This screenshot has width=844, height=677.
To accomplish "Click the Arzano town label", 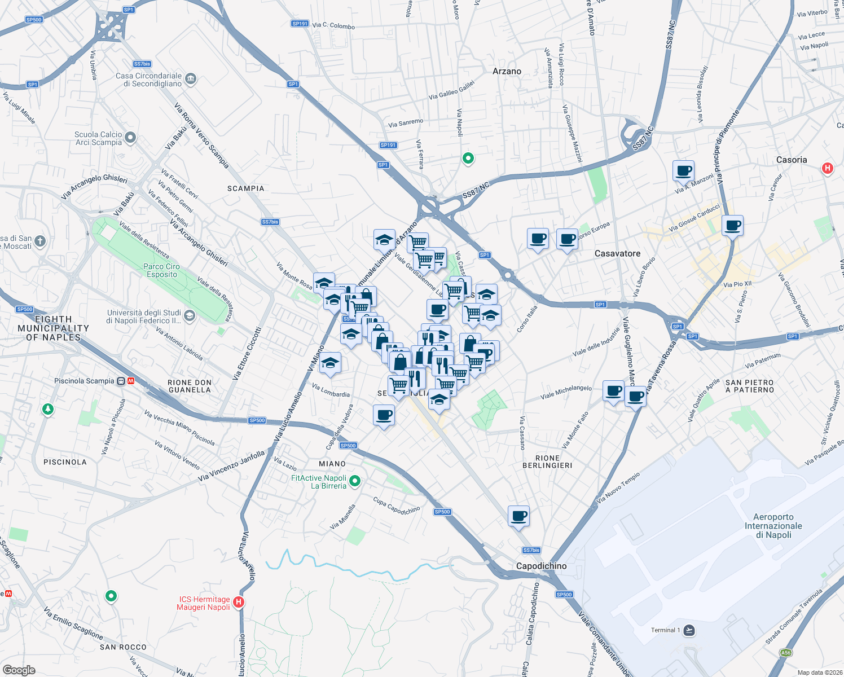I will (507, 71).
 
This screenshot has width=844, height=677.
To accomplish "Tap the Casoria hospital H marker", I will (827, 168).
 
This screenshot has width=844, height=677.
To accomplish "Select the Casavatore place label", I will (617, 253).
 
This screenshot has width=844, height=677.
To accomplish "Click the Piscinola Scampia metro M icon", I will (130, 381).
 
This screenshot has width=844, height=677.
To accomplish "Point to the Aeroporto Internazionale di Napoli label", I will (773, 526).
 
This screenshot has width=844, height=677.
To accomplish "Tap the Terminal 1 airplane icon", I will (689, 630).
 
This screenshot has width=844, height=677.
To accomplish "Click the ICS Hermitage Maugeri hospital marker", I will (239, 603).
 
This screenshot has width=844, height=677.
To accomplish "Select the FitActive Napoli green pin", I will (355, 481).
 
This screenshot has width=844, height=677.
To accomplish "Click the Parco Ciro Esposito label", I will (161, 270).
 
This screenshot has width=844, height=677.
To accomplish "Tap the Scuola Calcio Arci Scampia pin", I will (130, 137).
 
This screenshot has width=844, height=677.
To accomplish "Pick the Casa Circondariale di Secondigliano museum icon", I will (190, 78).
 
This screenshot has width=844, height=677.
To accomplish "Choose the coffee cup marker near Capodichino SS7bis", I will (518, 516).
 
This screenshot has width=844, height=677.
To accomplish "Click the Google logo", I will (19, 670).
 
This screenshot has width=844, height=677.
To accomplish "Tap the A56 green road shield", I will (785, 653).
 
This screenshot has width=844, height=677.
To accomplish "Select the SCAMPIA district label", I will (245, 188).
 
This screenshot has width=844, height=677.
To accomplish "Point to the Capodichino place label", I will (541, 566).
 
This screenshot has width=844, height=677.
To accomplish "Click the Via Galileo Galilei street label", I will (451, 90).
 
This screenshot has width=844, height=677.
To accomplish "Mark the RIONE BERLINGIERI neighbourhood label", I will (547, 461).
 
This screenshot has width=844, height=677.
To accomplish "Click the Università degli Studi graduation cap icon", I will (190, 315).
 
